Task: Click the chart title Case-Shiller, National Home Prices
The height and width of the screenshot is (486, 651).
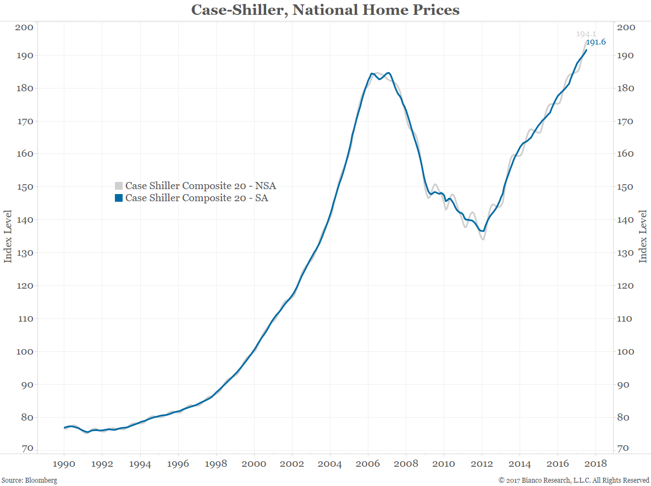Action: click(x=325, y=10)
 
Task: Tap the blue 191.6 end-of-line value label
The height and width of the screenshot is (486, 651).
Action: click(x=595, y=42)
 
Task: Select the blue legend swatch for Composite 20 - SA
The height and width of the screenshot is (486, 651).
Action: click(x=118, y=198)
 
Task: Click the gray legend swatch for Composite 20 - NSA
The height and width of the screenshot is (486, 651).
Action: click(x=118, y=186)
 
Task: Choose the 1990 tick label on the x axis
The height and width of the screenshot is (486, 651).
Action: click(x=64, y=463)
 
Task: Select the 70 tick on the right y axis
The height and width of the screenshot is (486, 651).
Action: click(x=627, y=449)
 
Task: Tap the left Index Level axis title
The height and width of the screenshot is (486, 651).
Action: click(x=8, y=235)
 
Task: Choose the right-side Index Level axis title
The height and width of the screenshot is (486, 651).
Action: click(x=643, y=235)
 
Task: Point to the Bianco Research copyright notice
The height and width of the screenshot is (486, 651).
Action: click(x=573, y=481)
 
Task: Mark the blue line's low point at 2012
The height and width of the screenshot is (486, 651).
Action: click(x=483, y=231)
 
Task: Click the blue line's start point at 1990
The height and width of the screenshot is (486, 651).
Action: click(x=64, y=428)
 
